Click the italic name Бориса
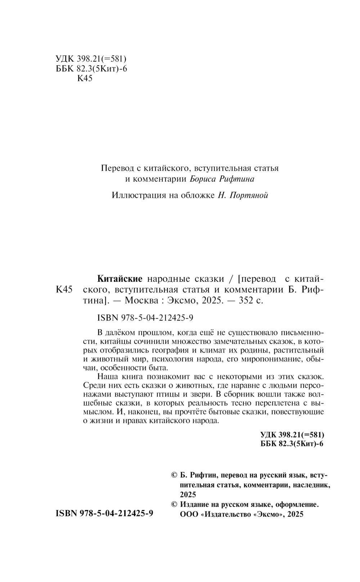pyautogui.click(x=202, y=179)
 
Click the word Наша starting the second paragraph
pyautogui.click(x=107, y=377)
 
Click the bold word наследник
pyautogui.click(x=309, y=485)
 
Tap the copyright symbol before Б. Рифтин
pyautogui.click(x=174, y=475)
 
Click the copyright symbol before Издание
pyautogui.click(x=174, y=505)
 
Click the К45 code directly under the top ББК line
pyautogui.click(x=85, y=79)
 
